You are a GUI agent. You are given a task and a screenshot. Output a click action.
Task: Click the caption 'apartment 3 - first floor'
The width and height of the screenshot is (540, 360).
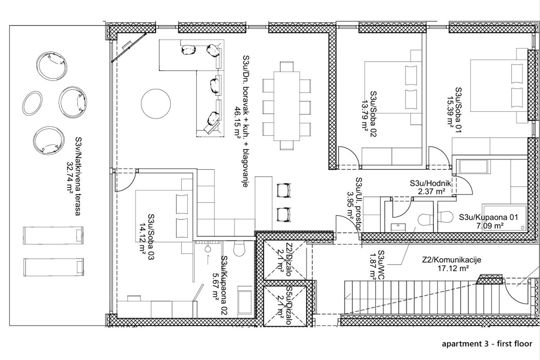(x=487, y=344)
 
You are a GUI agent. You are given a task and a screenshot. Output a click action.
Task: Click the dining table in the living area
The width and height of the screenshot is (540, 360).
(x=286, y=105)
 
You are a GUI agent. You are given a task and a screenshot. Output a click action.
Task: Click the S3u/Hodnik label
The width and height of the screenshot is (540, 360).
(x=427, y=183)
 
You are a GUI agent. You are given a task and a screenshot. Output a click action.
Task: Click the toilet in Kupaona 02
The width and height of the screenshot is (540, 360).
(x=239, y=248)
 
